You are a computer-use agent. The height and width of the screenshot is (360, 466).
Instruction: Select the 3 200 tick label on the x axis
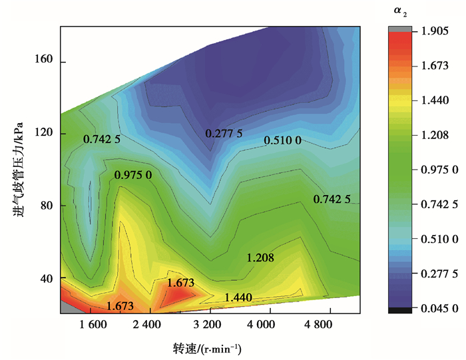210,325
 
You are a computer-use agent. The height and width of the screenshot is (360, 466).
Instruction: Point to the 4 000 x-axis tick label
269,325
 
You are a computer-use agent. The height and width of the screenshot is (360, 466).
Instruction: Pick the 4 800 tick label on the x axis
327,325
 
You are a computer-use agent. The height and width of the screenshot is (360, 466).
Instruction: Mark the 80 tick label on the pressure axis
47,205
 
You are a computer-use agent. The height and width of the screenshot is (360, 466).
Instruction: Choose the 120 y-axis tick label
45,133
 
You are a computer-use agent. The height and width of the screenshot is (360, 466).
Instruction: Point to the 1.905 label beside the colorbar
429,31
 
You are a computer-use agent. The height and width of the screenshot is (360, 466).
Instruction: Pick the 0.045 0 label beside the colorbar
432,308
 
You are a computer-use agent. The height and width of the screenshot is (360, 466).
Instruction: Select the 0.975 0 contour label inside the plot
134,175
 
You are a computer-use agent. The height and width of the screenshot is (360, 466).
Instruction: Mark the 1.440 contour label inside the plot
238,297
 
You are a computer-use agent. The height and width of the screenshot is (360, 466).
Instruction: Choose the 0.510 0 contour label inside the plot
284,140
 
